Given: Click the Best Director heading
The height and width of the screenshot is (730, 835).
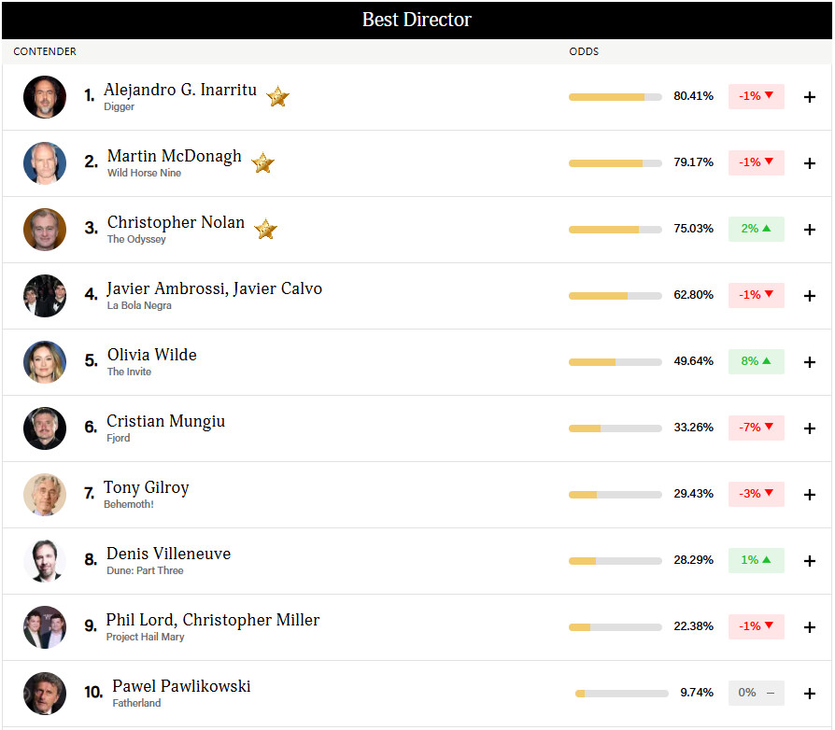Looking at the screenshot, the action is (417, 20).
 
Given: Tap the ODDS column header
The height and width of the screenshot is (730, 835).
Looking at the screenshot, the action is (584, 51).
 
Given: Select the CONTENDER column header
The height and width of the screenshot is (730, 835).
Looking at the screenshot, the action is (45, 51).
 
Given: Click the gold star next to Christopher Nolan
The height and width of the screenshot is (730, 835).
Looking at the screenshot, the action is (265, 229).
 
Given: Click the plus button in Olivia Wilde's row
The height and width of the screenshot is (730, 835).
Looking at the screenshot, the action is (810, 362).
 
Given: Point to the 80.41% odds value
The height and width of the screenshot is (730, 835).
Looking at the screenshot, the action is (693, 96).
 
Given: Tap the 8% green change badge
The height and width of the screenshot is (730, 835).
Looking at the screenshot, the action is (757, 361).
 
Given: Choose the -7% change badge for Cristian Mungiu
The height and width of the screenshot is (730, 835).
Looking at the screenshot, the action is (757, 428).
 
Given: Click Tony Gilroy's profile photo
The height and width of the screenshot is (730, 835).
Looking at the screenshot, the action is (45, 495).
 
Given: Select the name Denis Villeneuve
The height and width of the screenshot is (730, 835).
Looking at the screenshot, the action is (168, 554).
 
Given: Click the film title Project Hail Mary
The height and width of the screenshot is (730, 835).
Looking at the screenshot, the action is (145, 637).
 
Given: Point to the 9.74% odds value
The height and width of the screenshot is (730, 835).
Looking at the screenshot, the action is (697, 693).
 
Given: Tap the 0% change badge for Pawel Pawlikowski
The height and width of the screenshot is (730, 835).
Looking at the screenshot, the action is (757, 693).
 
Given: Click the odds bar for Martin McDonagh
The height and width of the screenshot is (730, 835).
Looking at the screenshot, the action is (616, 163).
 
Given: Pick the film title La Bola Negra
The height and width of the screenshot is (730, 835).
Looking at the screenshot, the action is (139, 305).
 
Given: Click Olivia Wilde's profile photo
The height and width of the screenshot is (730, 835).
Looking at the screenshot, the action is (45, 362).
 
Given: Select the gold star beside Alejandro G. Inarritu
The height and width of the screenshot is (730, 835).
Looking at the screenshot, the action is (277, 96).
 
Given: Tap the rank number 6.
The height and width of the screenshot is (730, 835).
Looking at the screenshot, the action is (91, 427).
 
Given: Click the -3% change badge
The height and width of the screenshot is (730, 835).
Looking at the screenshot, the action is (757, 494).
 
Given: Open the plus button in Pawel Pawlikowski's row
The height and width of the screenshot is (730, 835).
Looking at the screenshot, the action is (810, 694).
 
